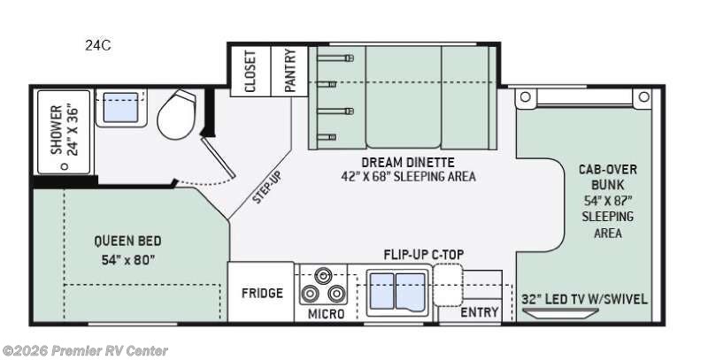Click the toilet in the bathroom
(x=176, y=115)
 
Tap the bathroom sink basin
(x=120, y=107)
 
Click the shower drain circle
(x=65, y=166)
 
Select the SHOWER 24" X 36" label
(x=64, y=130)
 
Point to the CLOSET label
(x=250, y=71)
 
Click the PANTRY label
(x=290, y=70)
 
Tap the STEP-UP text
(x=267, y=188)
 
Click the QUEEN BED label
(x=127, y=241)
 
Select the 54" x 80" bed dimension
(x=128, y=260)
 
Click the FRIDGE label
(x=262, y=294)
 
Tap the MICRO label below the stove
(x=326, y=313)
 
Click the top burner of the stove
(x=322, y=275)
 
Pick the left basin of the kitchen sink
(x=381, y=291)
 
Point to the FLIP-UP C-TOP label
(x=424, y=255)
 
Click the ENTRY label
(x=480, y=312)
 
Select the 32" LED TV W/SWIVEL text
(x=584, y=299)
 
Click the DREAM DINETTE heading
(x=408, y=162)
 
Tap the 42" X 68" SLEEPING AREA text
(x=408, y=176)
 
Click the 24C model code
(x=97, y=45)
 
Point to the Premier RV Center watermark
(x=85, y=350)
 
